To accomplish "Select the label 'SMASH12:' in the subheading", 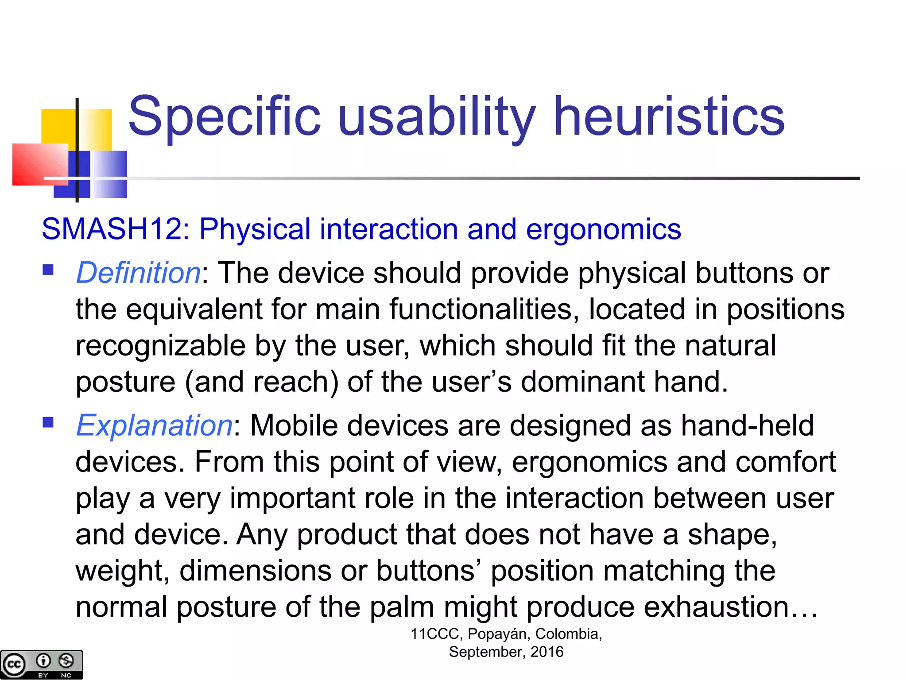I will pos(116,229).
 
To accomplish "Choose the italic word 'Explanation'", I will pos(154,425).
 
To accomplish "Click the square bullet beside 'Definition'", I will pos(48,270).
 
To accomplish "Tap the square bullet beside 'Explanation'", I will pos(48,422).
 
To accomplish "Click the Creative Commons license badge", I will pos(41,664).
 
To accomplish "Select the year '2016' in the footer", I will pos(547,652).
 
